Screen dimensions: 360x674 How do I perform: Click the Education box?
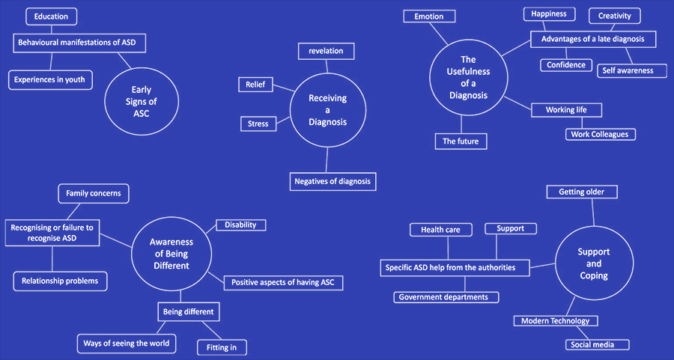coord(51,16)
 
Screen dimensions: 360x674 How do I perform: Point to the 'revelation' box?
coord(326,51)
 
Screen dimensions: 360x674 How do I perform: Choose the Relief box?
coord(255,85)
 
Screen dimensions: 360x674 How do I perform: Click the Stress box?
coord(258,123)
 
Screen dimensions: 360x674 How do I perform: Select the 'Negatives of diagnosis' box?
coord(333,181)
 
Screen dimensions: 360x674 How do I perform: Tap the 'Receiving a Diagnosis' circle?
coord(327,110)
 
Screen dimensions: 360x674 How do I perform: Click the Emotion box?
coord(429,16)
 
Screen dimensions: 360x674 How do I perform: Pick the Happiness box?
coord(549,14)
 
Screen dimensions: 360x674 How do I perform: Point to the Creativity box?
coord(615,16)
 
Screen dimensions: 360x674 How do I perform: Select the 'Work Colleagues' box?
coord(600,135)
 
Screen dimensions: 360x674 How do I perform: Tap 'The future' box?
coord(461,141)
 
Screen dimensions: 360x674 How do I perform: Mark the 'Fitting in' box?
coord(222,347)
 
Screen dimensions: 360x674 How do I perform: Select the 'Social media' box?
coord(597,344)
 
